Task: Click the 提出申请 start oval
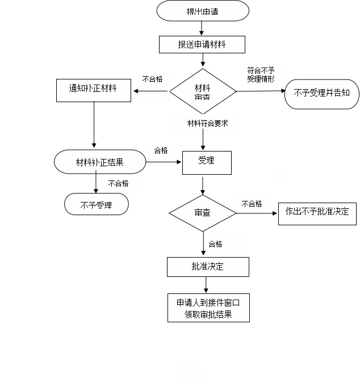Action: pos(203,11)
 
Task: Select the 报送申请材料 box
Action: pos(202,44)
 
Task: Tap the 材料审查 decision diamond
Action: pos(203,91)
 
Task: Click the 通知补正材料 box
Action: pos(94,90)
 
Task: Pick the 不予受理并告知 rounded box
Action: pos(322,94)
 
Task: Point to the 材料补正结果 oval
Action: pos(100,162)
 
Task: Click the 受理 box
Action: pos(207,163)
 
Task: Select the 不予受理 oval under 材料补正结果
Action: pos(97,204)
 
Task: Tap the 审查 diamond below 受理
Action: pos(203,213)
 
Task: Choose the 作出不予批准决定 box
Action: pos(317,214)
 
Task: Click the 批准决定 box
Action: pos(208,267)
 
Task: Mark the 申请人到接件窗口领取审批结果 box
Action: pos(208,308)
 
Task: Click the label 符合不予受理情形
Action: pos(261,75)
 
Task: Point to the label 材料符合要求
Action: pos(208,123)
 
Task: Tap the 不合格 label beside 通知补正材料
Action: pos(152,79)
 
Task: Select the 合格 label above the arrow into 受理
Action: pos(161,150)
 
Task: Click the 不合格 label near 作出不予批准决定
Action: pos(252,204)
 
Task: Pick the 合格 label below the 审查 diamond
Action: pos(215,244)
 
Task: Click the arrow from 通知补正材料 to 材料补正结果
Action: pos(94,125)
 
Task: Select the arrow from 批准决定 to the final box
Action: pos(206,285)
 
